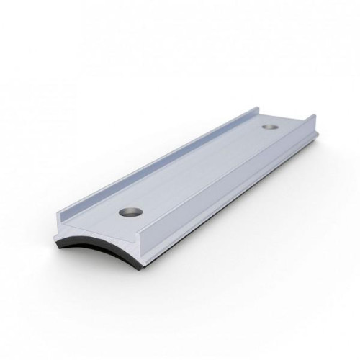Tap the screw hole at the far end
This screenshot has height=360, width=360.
(270, 127)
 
